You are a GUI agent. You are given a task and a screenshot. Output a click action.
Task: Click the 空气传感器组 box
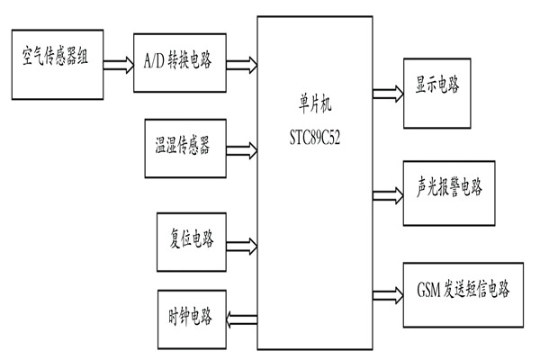(x=56, y=64)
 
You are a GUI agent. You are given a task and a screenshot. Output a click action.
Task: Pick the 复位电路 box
(x=190, y=241)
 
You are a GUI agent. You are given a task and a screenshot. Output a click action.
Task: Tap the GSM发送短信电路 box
(x=464, y=291)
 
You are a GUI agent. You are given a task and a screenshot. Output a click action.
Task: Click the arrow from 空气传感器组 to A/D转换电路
(x=116, y=64)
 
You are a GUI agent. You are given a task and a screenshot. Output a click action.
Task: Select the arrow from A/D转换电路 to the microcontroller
(x=240, y=64)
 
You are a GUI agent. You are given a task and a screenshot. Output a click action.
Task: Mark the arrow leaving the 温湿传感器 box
(x=240, y=145)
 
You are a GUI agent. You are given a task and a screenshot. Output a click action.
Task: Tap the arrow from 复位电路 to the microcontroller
(x=240, y=243)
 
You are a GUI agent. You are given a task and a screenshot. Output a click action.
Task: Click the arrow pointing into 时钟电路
(x=240, y=315)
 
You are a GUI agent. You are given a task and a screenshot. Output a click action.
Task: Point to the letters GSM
(x=430, y=291)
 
